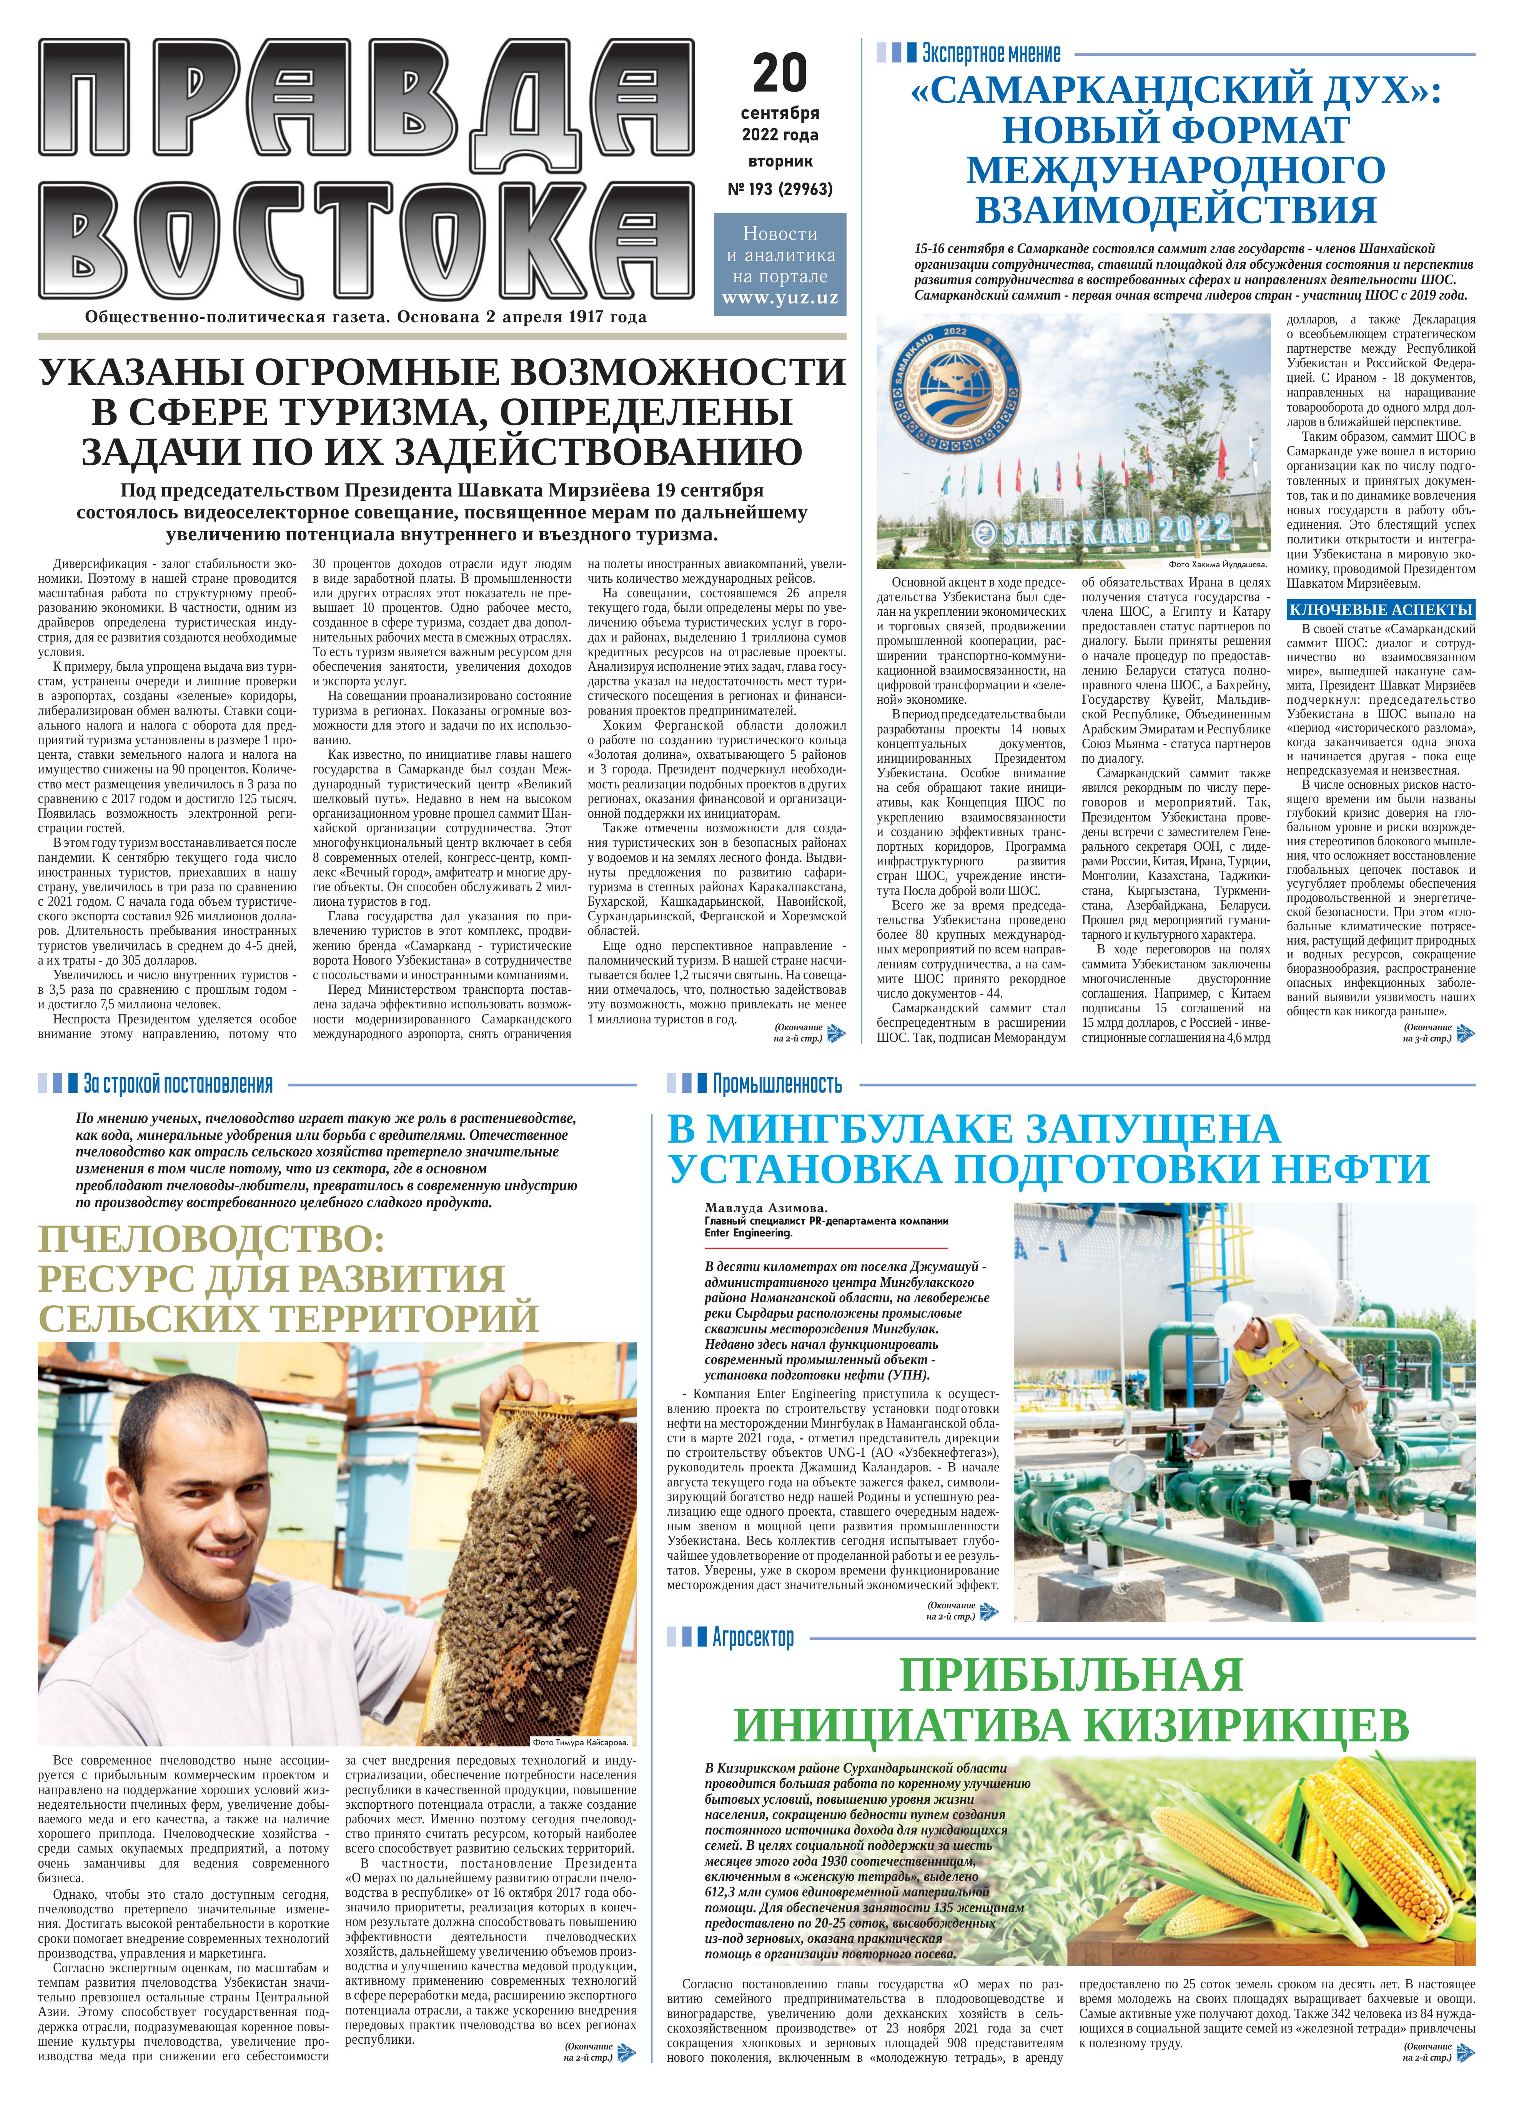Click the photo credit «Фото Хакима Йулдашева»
[x=1218, y=563]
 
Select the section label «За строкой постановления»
[x=178, y=1084]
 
